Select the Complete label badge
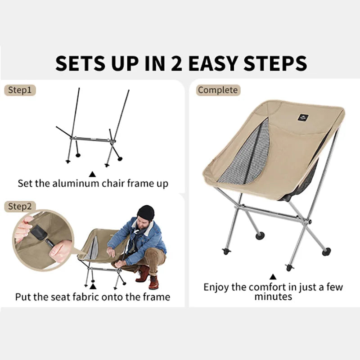tap(217, 90)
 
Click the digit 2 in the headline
tap(177, 63)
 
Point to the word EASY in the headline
tap(214, 63)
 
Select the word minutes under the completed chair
tap(273, 297)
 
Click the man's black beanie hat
tap(146, 212)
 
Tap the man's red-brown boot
tap(154, 282)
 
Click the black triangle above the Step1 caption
tap(93, 173)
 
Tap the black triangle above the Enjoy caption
tap(273, 277)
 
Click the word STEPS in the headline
tap(275, 63)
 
